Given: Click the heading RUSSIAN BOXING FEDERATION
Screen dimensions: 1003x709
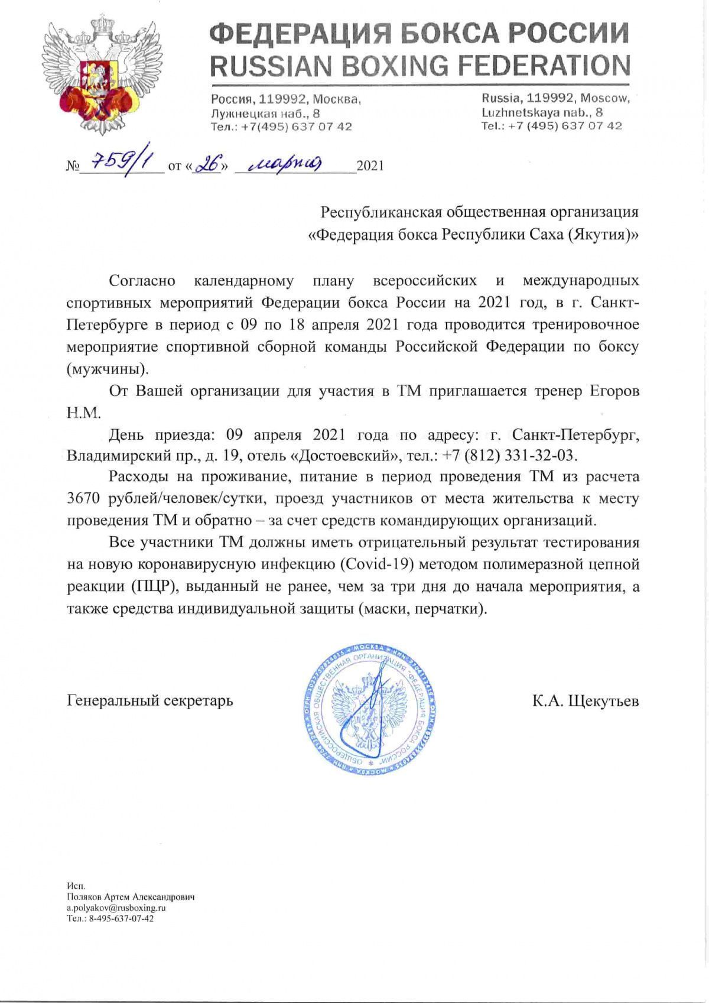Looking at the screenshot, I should click(x=420, y=65).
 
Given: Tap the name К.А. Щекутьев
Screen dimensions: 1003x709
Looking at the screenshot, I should click(x=585, y=701).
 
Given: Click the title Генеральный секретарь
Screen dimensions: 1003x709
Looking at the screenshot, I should click(x=150, y=701).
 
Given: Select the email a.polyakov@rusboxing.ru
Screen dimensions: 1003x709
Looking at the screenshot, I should click(x=116, y=907).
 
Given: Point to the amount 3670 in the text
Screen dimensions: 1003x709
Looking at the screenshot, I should click(x=87, y=498).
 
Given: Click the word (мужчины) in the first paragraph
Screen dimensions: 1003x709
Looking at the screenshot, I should click(x=107, y=369).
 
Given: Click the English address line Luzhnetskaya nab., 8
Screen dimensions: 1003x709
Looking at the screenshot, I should click(x=542, y=112).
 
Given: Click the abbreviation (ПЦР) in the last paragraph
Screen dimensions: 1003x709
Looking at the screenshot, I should click(x=147, y=587).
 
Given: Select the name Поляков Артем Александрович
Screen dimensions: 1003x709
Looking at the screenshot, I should click(x=131, y=897).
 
